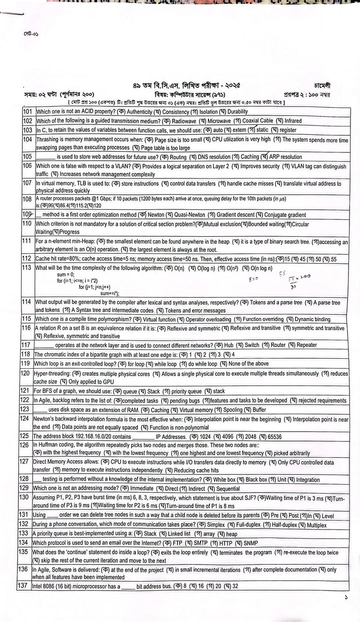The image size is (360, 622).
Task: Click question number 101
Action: [x=27, y=112]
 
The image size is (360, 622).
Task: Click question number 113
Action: [x=27, y=267]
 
